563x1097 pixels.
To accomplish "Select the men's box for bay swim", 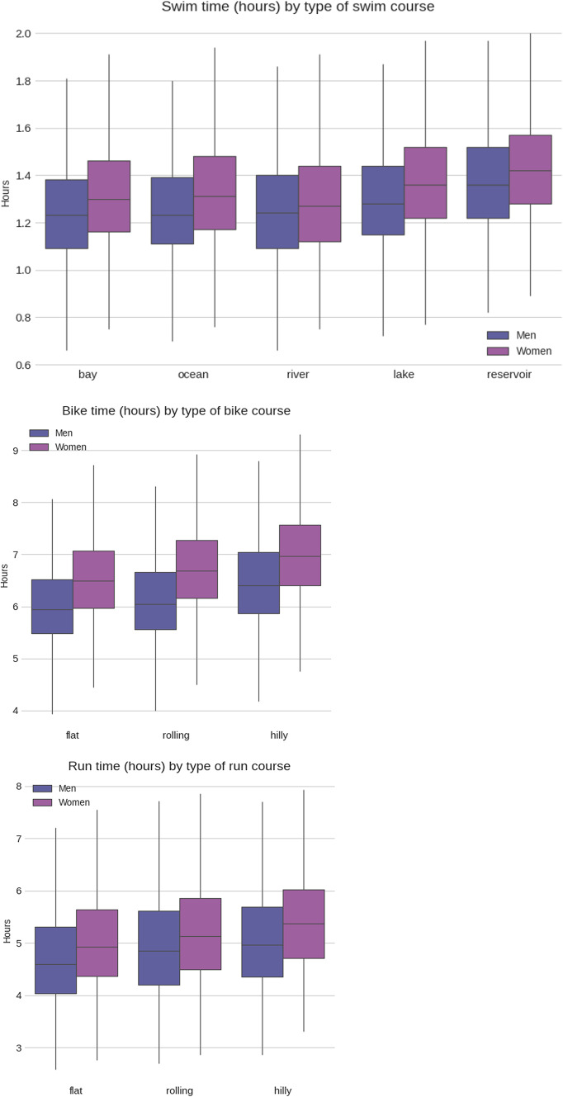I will click(67, 214).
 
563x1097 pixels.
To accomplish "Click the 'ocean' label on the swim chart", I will click(193, 375).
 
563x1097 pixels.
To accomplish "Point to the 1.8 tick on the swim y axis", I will click(27, 81).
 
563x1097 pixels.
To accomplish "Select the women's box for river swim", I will click(320, 204).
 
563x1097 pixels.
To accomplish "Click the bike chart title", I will click(177, 411).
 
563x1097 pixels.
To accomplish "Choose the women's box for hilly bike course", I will click(300, 555).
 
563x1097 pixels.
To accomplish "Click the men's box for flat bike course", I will click(52, 607).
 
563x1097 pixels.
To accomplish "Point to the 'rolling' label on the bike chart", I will click(176, 734).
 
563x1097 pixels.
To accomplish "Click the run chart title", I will click(177, 767).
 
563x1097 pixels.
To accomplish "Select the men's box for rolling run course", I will click(158, 948).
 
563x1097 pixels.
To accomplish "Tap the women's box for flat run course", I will click(97, 943).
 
